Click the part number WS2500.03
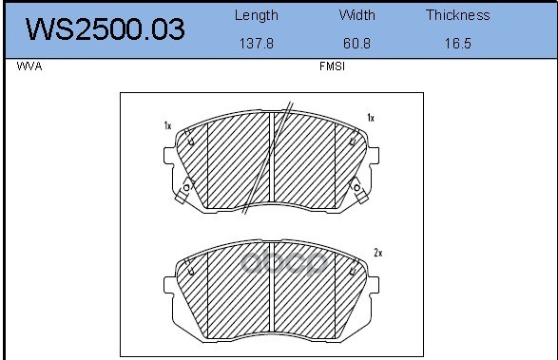pyautogui.click(x=106, y=28)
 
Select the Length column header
pyautogui.click(x=257, y=15)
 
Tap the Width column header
pyautogui.click(x=356, y=15)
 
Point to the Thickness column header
pyautogui.click(x=458, y=15)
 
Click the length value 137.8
pyautogui.click(x=257, y=44)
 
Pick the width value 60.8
pyautogui.click(x=356, y=44)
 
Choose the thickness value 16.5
pyautogui.click(x=458, y=44)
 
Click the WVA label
pyautogui.click(x=29, y=66)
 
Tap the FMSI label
pyautogui.click(x=332, y=66)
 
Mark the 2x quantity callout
pyautogui.click(x=378, y=253)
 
